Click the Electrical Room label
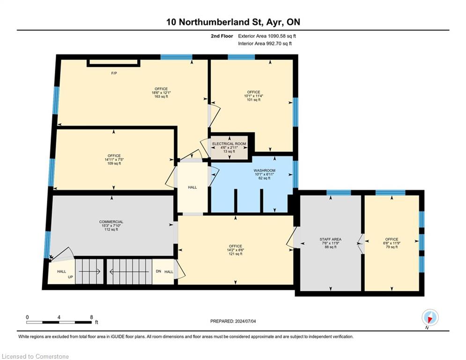point(229,144)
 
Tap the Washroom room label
point(264,171)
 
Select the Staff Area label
point(331,239)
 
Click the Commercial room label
point(111,222)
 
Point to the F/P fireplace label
point(114,73)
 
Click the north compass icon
point(430,317)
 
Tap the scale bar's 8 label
point(91,317)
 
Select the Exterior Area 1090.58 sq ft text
point(267,36)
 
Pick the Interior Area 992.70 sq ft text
point(265,44)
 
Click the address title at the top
point(233,22)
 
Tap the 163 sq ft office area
point(161,97)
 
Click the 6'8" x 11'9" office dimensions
point(392,243)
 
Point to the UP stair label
point(70,277)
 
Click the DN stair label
point(158,271)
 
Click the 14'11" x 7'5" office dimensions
point(114,159)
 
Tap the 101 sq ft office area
point(253,100)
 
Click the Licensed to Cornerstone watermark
point(35,356)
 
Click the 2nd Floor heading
point(222,36)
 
